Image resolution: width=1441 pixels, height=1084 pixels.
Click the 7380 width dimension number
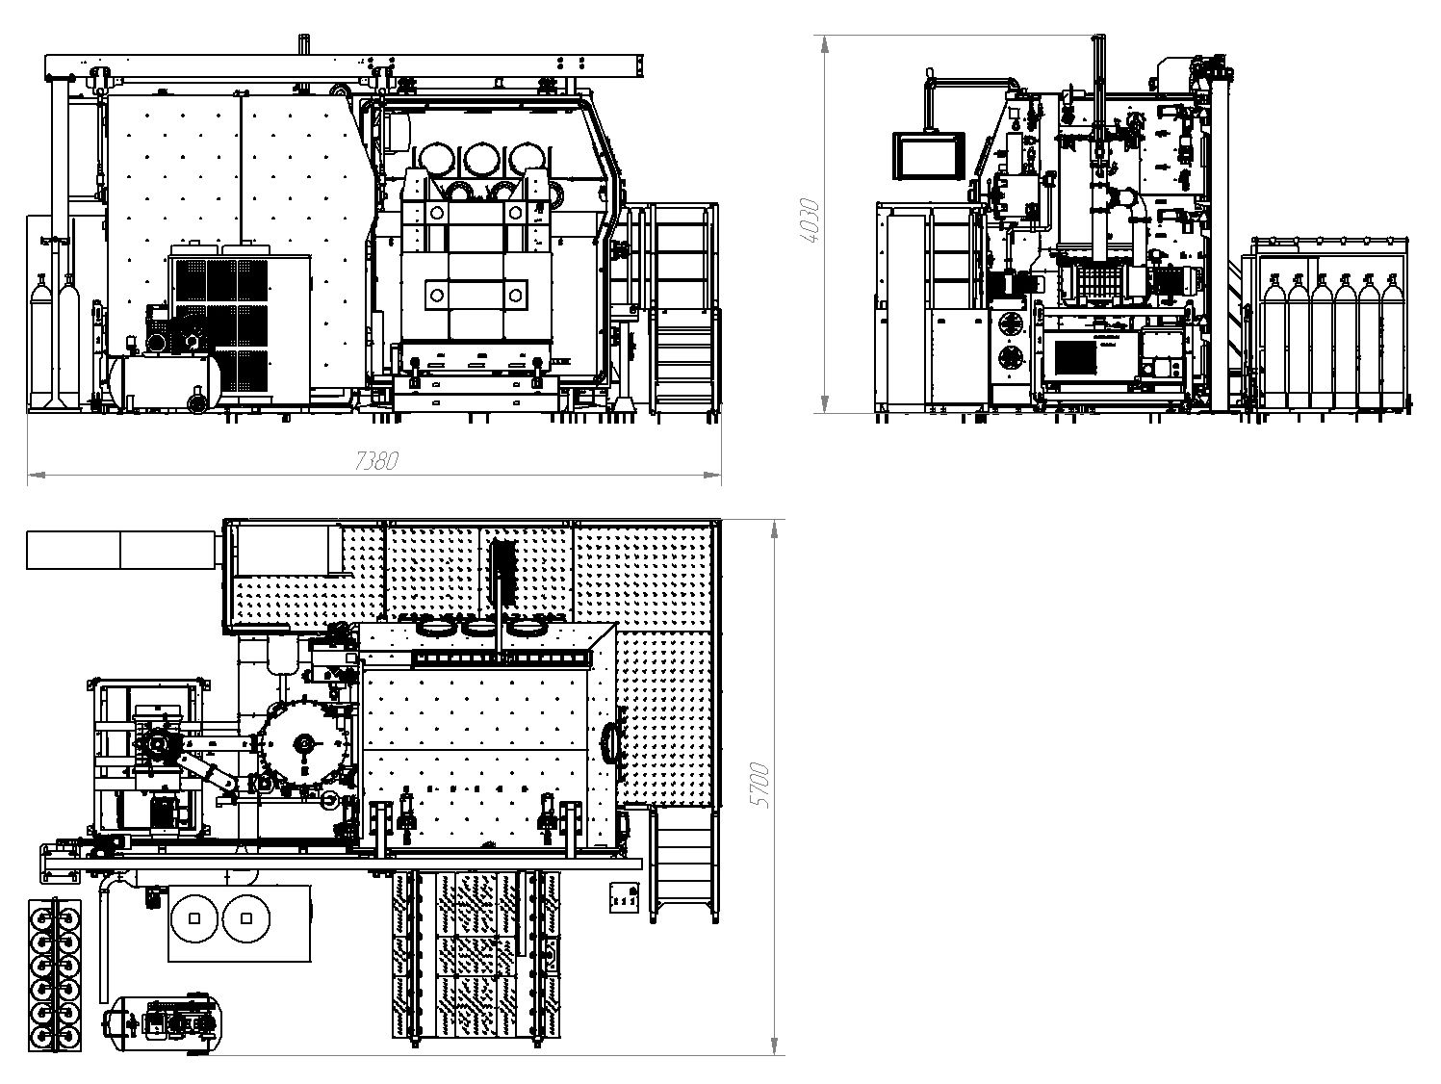click(376, 461)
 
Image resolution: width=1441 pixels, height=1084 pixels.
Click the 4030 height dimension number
click(811, 220)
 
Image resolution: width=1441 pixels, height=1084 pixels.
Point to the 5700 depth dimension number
click(759, 786)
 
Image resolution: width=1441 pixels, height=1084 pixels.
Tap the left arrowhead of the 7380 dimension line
click(37, 474)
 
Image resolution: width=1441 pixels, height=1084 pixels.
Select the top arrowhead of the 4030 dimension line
click(825, 44)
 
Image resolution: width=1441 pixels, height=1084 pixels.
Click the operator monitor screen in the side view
click(928, 156)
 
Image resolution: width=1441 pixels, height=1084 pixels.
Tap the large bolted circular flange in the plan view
click(305, 743)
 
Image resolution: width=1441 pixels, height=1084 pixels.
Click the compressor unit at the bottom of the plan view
click(161, 1024)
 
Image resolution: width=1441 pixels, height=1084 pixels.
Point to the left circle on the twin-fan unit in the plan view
click(193, 917)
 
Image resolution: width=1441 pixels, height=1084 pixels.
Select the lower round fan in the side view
click(1011, 358)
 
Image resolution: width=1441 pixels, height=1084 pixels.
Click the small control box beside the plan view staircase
click(624, 897)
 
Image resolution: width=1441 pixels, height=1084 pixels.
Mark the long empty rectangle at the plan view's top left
click(121, 551)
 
